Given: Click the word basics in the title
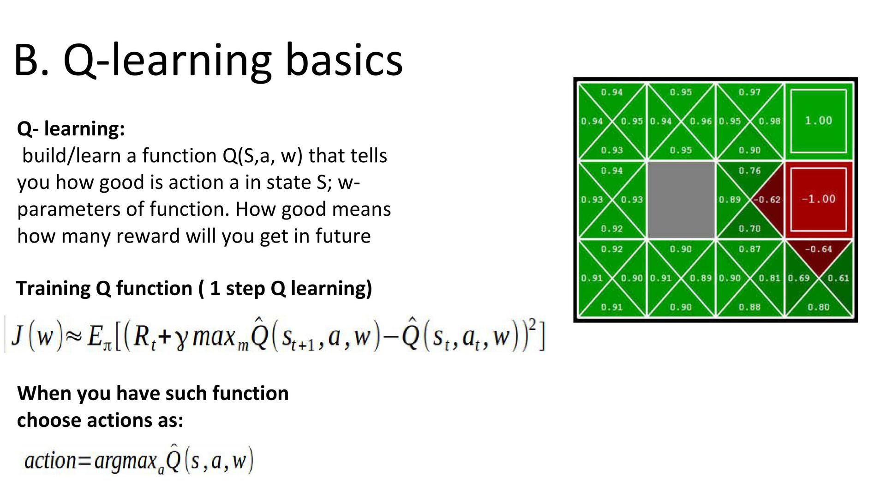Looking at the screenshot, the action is coord(344,60).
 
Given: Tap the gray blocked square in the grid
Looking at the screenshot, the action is coord(681,200).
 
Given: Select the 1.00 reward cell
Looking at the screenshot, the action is coord(819,121).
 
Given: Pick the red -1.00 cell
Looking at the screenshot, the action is coord(819,200).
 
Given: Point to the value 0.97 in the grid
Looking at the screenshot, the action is coord(749,92).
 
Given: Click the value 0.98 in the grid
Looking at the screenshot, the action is coord(769,121).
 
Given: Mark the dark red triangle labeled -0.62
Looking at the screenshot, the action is coord(768,200).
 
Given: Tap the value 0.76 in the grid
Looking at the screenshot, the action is coord(749,170).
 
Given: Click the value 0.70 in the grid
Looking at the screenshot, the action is coord(749,228).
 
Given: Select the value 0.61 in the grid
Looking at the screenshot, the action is coord(838,278).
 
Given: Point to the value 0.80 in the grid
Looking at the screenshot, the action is coord(819,307).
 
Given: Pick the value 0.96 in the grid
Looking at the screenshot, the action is coord(700,121).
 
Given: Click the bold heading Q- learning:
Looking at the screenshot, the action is coord(71,129).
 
